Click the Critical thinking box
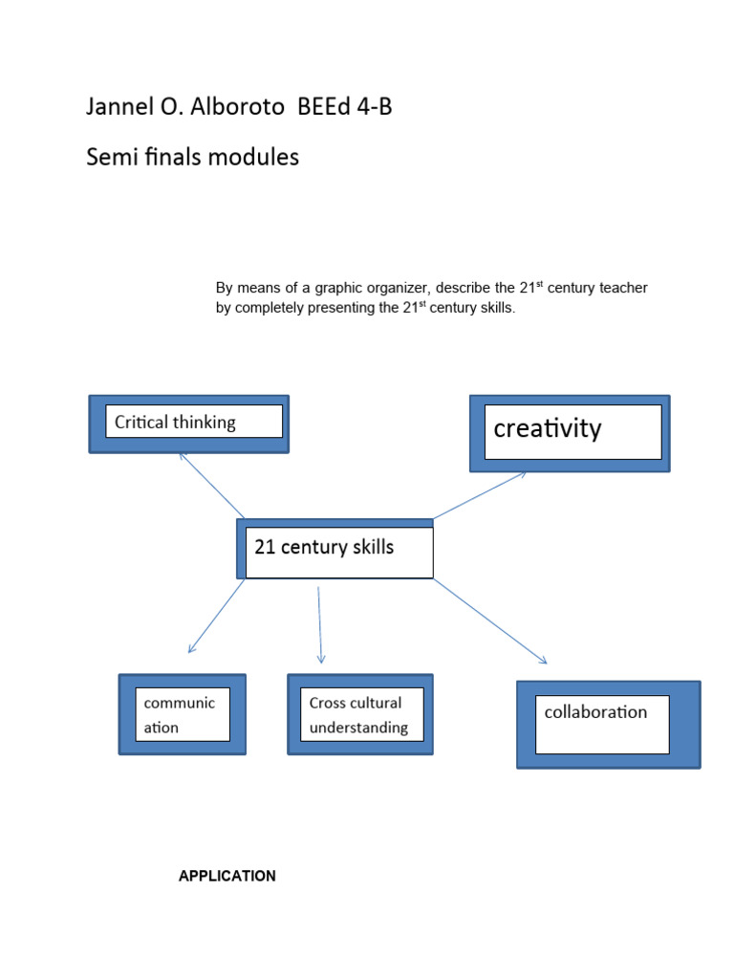[x=188, y=423]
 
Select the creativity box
[x=570, y=432]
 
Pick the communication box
[x=182, y=715]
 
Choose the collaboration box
[x=608, y=723]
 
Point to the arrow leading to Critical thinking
[x=212, y=485]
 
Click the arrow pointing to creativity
[x=480, y=495]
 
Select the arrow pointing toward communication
[x=217, y=617]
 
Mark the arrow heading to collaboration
[x=489, y=621]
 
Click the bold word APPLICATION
[x=227, y=876]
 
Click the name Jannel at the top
[x=117, y=108]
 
